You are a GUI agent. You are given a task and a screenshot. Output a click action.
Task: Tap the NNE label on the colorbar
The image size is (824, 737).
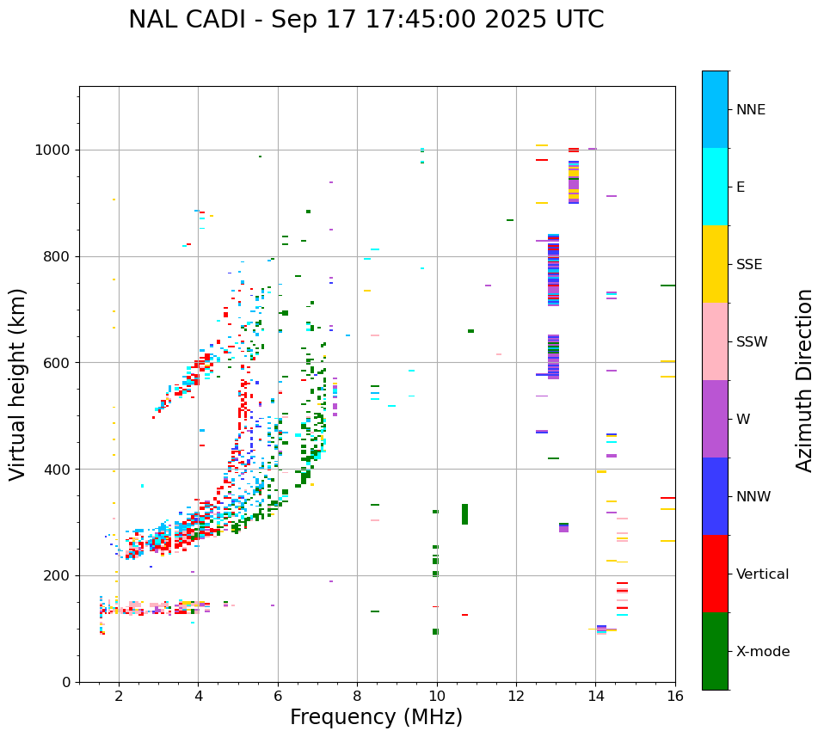pos(750,110)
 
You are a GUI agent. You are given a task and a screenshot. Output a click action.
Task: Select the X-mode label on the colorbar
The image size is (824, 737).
pos(763,652)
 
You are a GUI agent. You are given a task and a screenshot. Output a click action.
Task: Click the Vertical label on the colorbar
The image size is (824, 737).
pos(762,574)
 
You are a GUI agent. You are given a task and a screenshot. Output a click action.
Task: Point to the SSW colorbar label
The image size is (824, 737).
pos(752,342)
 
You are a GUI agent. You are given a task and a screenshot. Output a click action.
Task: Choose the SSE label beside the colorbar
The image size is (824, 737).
pos(749,265)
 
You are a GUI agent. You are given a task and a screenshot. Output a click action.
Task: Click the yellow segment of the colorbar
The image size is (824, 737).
pos(715,264)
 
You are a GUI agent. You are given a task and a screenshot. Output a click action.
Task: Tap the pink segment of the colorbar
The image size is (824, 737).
pos(715,341)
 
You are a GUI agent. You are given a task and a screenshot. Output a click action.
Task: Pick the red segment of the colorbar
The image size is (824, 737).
pos(715,574)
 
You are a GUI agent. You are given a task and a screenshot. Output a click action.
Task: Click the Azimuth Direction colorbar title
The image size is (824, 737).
pos(805,380)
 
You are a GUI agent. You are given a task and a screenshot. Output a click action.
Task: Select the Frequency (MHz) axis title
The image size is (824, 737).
pos(376,717)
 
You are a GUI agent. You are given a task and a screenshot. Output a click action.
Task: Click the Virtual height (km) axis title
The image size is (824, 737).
pos(18,384)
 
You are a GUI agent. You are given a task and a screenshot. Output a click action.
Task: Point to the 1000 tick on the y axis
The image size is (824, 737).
pos(54,150)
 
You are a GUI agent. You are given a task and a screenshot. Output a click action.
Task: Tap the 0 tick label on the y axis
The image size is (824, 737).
pos(68,682)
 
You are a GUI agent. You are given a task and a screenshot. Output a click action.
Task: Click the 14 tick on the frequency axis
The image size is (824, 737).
pos(596,696)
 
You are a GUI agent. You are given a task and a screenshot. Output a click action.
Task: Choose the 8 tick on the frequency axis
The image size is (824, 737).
pos(357,696)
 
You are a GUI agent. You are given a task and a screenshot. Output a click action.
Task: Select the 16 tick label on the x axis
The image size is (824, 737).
pos(675,696)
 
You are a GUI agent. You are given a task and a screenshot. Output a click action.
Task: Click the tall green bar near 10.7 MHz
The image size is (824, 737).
pos(464,514)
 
